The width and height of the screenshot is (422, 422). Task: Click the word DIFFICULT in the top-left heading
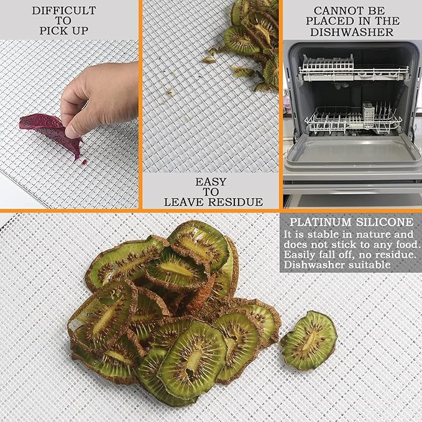pyautogui.click(x=64, y=11)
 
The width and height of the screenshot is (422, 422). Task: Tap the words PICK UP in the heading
pyautogui.click(x=64, y=30)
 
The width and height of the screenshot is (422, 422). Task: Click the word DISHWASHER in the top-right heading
pyautogui.click(x=352, y=32)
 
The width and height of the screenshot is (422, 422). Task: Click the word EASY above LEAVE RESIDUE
pyautogui.click(x=211, y=182)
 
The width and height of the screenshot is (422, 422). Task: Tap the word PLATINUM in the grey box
pyautogui.click(x=321, y=222)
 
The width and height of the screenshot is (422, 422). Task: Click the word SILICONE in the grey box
pyautogui.click(x=385, y=222)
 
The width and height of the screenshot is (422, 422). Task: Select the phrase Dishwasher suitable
pyautogui.click(x=337, y=265)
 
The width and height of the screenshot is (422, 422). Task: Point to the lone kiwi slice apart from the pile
pyautogui.click(x=309, y=341)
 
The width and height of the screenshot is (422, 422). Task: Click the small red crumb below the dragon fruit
pyautogui.click(x=85, y=162)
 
